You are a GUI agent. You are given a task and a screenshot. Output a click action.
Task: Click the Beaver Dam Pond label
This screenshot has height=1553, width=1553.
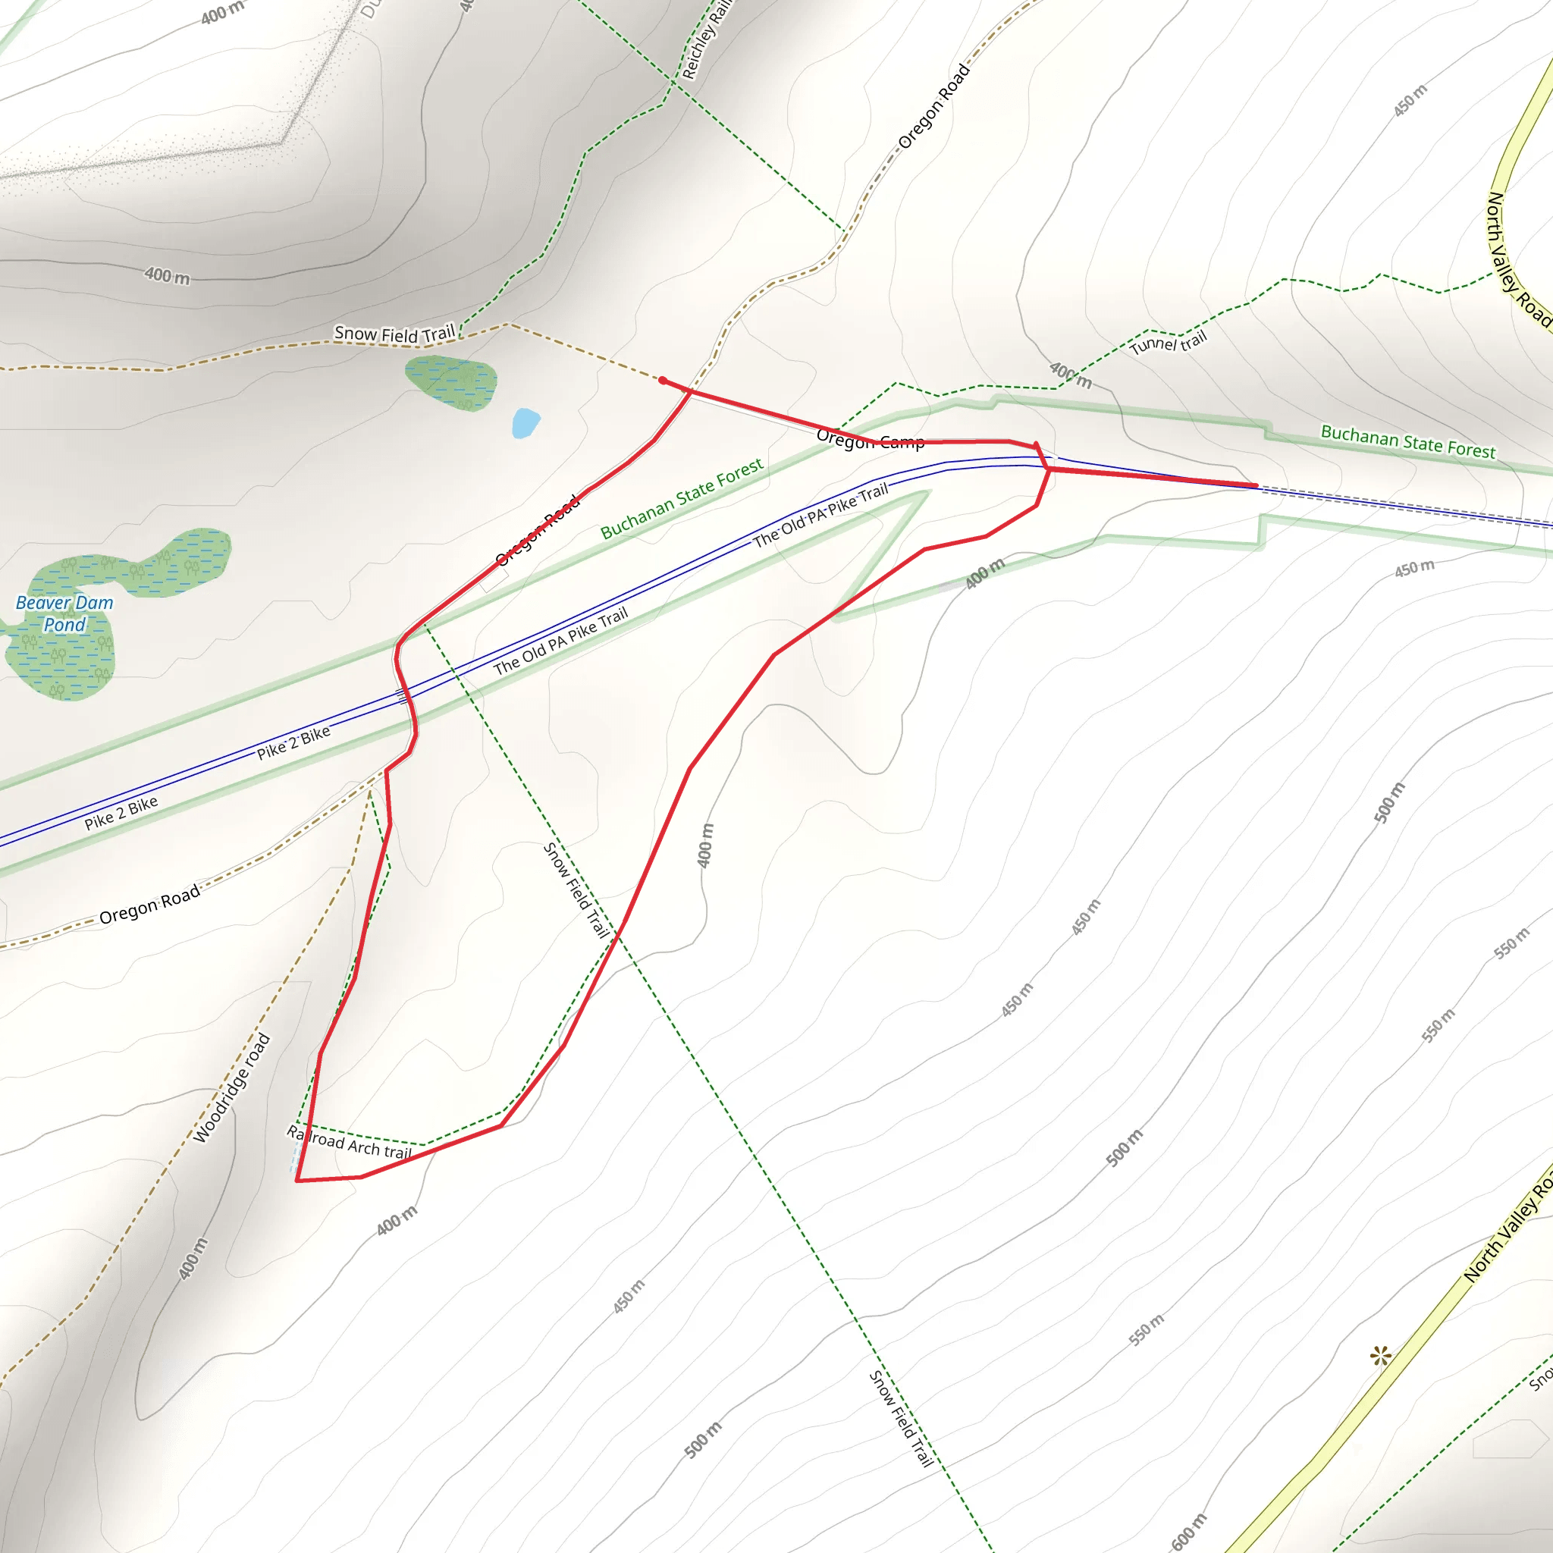click(x=64, y=614)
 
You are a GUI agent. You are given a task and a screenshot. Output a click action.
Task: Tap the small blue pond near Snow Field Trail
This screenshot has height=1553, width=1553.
click(x=525, y=423)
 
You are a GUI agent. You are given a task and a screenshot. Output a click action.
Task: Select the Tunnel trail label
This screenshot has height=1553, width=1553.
click(x=1168, y=344)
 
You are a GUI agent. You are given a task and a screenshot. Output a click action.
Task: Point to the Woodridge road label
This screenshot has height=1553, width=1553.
click(x=232, y=1087)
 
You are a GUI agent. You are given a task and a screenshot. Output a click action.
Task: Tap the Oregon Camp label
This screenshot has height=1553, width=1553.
click(x=870, y=440)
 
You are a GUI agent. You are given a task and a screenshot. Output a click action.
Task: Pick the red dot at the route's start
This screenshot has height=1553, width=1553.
click(x=662, y=380)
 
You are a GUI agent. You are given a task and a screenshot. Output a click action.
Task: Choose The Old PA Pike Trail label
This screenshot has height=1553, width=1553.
click(x=820, y=514)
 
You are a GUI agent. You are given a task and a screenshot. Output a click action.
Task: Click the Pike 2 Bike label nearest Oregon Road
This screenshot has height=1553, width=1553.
click(x=121, y=813)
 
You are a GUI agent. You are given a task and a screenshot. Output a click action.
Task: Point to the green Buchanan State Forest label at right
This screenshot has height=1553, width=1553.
click(x=1407, y=441)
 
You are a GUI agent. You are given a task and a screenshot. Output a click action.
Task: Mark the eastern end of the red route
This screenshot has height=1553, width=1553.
click(x=1257, y=485)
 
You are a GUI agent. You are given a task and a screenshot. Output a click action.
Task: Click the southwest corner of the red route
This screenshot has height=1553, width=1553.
click(x=297, y=1181)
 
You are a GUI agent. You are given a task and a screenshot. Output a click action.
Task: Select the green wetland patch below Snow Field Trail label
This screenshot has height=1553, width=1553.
click(x=451, y=383)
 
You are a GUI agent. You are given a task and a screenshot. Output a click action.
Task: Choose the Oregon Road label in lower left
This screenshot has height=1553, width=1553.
click(x=149, y=906)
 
